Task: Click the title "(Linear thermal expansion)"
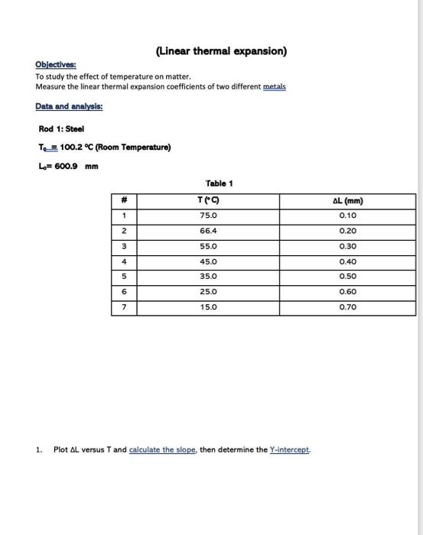221,51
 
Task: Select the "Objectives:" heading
55,66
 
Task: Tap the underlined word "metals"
274,87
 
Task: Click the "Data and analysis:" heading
69,106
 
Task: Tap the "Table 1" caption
220,183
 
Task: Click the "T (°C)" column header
209,201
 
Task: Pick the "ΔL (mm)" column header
348,201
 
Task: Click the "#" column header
124,201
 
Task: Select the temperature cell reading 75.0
209,216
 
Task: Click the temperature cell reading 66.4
209,231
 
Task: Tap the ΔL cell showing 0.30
348,246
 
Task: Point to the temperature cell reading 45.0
209,261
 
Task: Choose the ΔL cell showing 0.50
348,277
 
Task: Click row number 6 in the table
124,292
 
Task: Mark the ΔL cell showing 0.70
348,307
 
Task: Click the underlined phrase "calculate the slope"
163,449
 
